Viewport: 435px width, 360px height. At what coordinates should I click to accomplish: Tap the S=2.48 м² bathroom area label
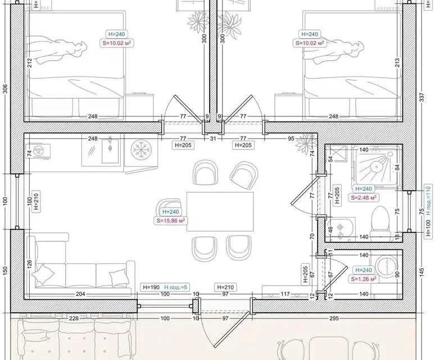[364, 197]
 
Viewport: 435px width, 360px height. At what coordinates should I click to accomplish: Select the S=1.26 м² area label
[364, 279]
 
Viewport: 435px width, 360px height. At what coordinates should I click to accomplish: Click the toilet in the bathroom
[380, 220]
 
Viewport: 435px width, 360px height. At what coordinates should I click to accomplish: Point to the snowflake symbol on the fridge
[141, 150]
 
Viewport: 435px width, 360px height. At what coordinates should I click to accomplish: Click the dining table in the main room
[220, 211]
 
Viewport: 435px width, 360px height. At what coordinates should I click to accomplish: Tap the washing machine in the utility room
[386, 265]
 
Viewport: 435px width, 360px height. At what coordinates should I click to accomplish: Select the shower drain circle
[377, 167]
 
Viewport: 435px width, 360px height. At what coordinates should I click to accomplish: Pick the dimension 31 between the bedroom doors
[213, 138]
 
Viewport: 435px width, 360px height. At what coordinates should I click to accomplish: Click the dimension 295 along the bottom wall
[334, 318]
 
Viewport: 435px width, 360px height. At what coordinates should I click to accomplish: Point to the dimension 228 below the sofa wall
[74, 318]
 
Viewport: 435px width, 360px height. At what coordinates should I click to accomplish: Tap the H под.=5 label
[176, 287]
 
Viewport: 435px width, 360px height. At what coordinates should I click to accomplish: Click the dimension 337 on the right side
[422, 97]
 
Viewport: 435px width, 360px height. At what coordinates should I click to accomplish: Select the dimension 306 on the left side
[5, 89]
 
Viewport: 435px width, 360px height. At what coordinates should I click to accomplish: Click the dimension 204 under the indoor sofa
[80, 294]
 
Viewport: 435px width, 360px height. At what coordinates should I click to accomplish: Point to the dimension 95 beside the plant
[291, 138]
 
